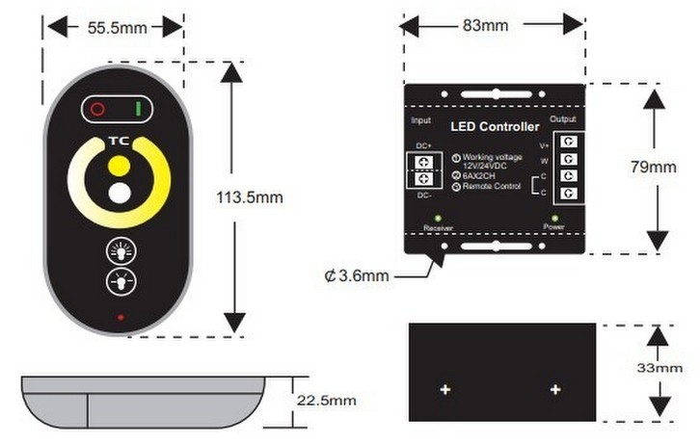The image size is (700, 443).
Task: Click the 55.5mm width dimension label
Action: (x=118, y=28)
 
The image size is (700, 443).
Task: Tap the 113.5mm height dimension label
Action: (x=250, y=197)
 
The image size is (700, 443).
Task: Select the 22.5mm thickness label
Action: (x=326, y=401)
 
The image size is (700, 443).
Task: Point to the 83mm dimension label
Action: (x=485, y=25)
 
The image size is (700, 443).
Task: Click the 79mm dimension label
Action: (x=653, y=167)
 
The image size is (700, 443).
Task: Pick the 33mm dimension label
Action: (x=660, y=368)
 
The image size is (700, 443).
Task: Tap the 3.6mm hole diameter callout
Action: (x=357, y=275)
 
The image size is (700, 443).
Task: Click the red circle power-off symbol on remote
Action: (x=97, y=109)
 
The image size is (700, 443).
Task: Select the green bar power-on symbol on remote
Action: (x=139, y=109)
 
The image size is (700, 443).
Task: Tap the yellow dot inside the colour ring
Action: (x=120, y=166)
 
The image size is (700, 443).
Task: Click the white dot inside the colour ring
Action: (x=120, y=194)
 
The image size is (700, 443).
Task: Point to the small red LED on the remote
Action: (x=121, y=318)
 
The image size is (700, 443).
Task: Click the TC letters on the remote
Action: (x=120, y=142)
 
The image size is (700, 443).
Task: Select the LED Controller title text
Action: (x=495, y=127)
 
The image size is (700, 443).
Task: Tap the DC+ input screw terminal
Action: (x=424, y=162)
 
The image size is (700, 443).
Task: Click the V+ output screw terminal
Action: (x=568, y=142)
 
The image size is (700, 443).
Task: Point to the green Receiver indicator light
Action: (x=438, y=219)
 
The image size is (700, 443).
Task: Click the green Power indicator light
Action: (x=555, y=219)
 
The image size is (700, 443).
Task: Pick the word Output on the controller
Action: (x=563, y=119)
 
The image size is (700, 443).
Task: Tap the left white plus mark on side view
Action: (x=445, y=390)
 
